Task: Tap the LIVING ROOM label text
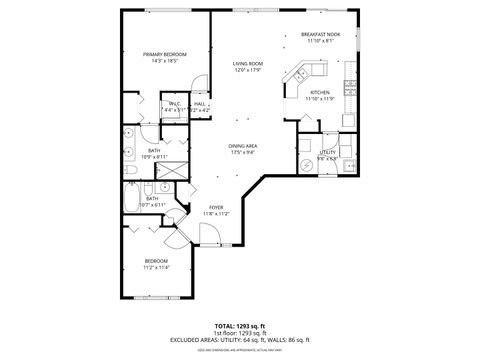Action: pos(247,64)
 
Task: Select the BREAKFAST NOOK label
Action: pos(320,35)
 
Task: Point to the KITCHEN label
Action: pos(320,92)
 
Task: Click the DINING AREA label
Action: pos(244,146)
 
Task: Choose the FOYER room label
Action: pos(215,207)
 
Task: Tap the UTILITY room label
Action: pos(326,152)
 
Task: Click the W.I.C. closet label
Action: pos(174,103)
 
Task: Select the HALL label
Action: pos(199,103)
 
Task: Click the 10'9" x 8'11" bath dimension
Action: pos(154,157)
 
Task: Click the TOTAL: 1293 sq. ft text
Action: pos(240,326)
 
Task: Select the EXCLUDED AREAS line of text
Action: pos(240,340)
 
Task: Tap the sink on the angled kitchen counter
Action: pos(299,74)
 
